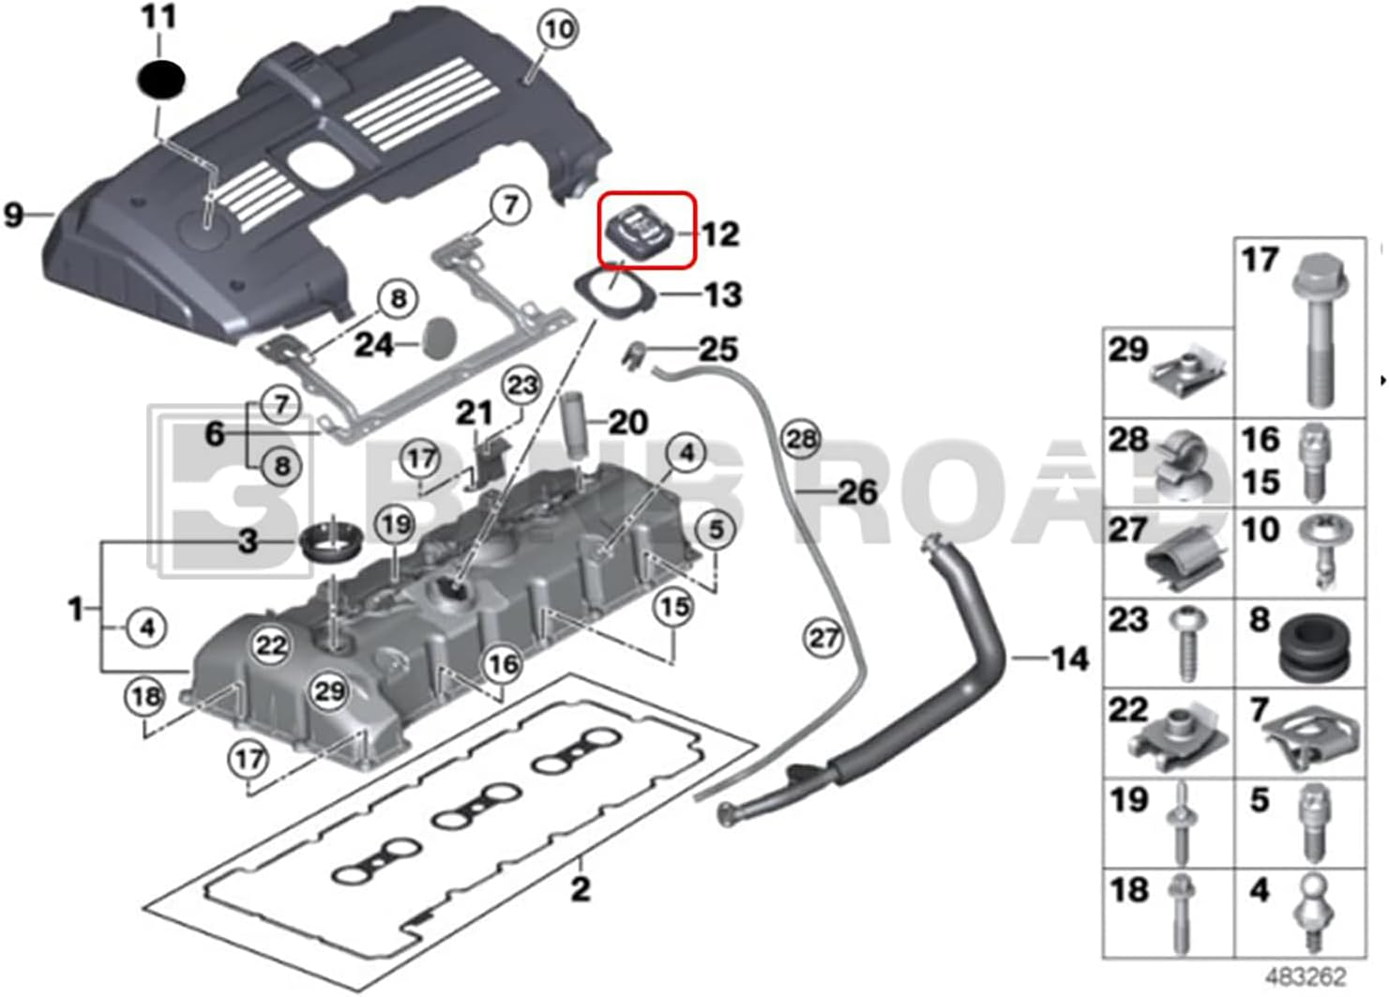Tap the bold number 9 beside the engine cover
pyautogui.click(x=13, y=215)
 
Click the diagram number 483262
pyautogui.click(x=1306, y=976)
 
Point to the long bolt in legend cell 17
pyautogui.click(x=1319, y=328)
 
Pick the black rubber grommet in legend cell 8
pyautogui.click(x=1314, y=646)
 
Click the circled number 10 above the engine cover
pyautogui.click(x=558, y=30)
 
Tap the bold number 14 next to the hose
pyautogui.click(x=1069, y=658)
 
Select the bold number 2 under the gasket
pyautogui.click(x=581, y=887)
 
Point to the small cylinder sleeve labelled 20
pyautogui.click(x=574, y=425)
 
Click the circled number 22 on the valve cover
pyautogui.click(x=271, y=645)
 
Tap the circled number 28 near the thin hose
pyautogui.click(x=801, y=439)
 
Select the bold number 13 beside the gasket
pyautogui.click(x=722, y=295)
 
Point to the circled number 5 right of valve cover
pyautogui.click(x=716, y=529)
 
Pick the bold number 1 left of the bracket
pyautogui.click(x=76, y=610)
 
